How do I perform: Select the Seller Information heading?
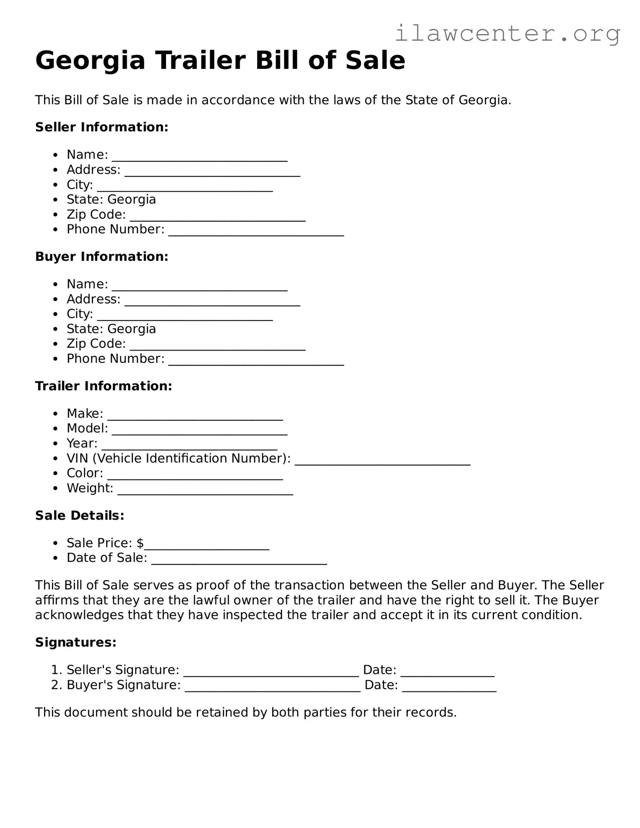[102, 127]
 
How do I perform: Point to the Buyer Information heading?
[102, 256]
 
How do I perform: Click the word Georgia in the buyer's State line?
[132, 329]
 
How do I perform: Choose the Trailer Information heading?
[103, 386]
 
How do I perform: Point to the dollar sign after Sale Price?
[140, 543]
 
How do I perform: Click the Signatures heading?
[76, 642]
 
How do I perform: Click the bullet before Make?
[55, 414]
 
